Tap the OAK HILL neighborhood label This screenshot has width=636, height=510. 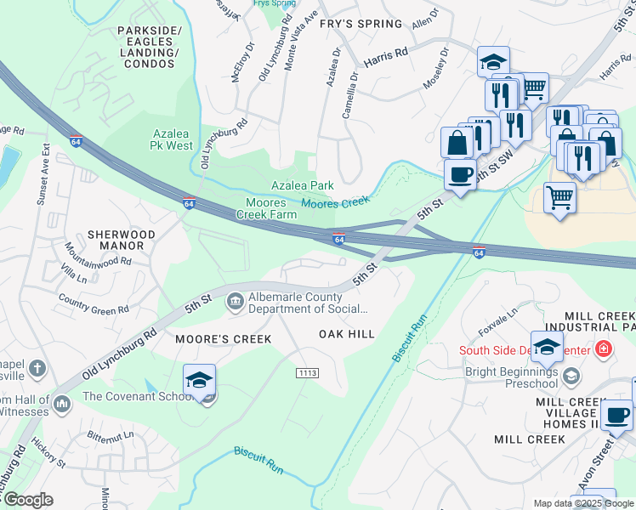tap(346, 335)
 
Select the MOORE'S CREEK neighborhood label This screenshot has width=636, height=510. tap(223, 339)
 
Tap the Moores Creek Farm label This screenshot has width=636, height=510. tap(271, 208)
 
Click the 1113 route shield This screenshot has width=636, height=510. tap(308, 373)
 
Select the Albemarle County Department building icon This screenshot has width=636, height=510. tap(235, 301)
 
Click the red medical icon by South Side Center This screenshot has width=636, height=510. tap(603, 348)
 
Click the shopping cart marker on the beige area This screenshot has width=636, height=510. tap(559, 198)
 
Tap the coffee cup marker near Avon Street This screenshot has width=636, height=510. tap(616, 416)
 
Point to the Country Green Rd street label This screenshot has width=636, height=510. tap(94, 303)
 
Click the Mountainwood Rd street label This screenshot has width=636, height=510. tap(98, 256)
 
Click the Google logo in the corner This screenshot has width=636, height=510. tap(27, 500)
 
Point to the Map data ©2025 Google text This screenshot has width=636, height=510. tap(582, 503)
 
